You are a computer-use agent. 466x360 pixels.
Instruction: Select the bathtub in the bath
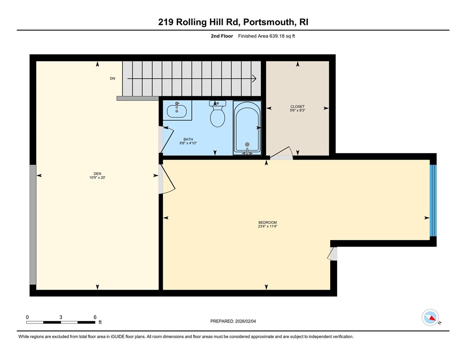(247, 127)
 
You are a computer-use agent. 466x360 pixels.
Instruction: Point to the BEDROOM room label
(267, 224)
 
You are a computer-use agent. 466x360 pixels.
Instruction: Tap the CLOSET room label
(297, 108)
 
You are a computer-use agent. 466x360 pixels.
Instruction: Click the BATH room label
(188, 141)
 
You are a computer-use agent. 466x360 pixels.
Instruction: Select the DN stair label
(112, 79)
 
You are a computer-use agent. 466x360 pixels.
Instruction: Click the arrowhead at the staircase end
(254, 79)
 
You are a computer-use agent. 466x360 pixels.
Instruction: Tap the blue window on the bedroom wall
(433, 200)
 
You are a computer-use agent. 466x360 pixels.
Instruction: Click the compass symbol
(430, 318)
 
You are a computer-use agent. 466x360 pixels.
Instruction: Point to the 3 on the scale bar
(61, 317)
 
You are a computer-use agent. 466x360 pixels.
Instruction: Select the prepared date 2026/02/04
(252, 321)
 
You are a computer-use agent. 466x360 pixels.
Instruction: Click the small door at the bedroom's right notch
(333, 254)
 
